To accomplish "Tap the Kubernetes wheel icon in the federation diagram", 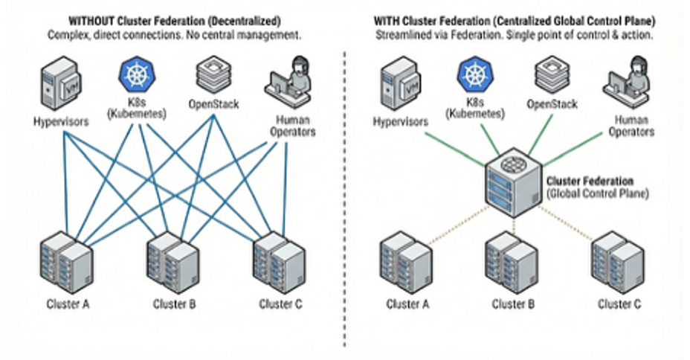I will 472,75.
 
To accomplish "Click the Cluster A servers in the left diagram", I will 65,263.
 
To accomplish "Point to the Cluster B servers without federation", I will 172,263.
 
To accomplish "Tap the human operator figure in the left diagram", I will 291,80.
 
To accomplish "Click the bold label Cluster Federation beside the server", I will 590,181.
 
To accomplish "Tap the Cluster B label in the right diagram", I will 512,304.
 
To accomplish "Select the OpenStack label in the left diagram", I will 216,105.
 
